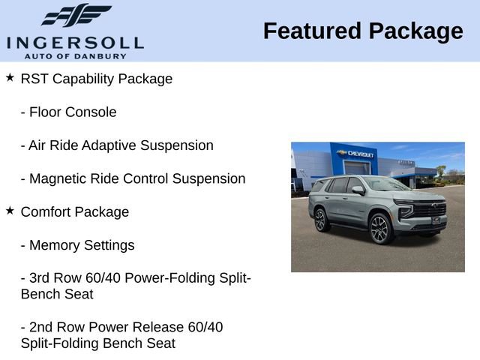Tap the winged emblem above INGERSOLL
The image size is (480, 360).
(x=75, y=16)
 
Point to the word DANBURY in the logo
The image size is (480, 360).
(x=112, y=55)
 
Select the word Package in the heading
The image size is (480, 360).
(x=415, y=31)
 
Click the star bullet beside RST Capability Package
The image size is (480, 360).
(x=10, y=78)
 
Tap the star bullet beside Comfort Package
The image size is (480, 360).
(x=10, y=211)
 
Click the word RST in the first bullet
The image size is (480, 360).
(x=34, y=79)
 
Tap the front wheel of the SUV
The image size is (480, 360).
(x=379, y=229)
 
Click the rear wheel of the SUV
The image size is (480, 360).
(x=322, y=219)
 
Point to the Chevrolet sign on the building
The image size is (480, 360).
(x=356, y=154)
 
